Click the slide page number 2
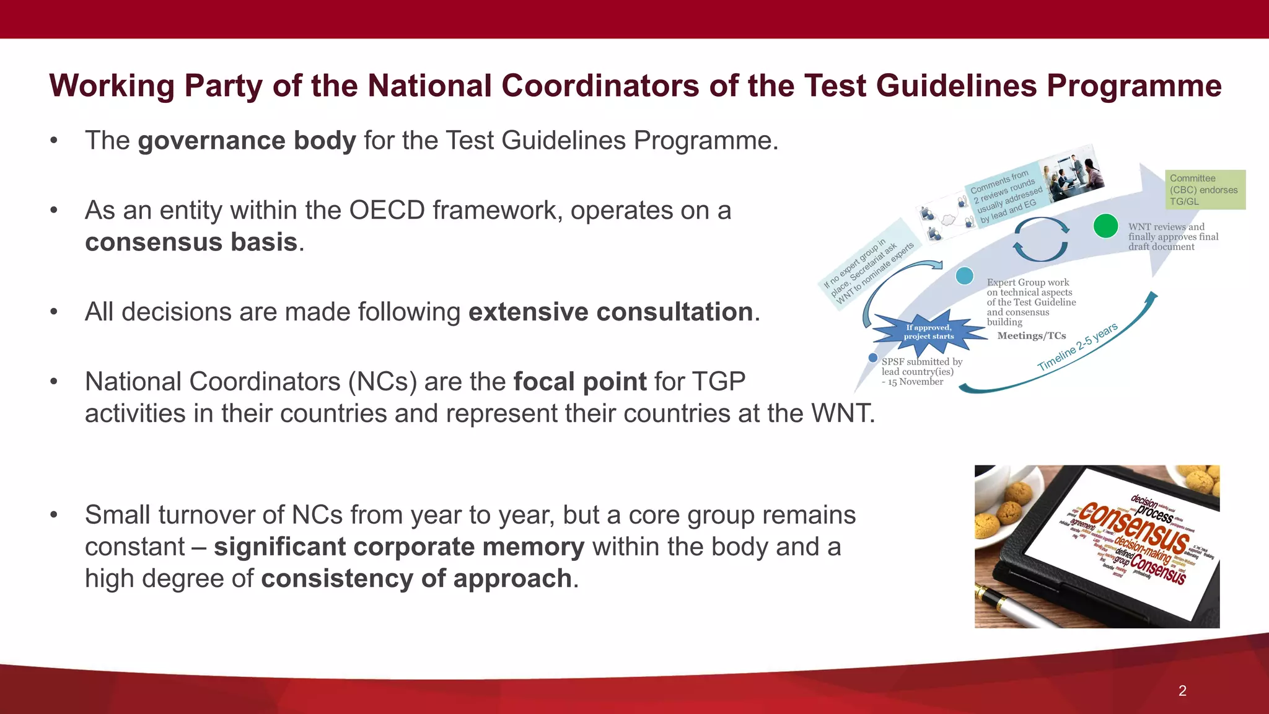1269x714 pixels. point(1182,691)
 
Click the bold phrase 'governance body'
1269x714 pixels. point(247,141)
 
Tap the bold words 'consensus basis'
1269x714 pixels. point(191,242)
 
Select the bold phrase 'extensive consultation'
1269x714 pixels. point(610,312)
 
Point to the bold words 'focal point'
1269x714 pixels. point(580,382)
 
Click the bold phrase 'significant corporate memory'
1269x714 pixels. point(399,547)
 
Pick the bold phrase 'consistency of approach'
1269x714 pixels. point(416,579)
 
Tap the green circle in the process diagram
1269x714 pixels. point(1105,226)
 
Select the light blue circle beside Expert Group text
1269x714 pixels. point(965,276)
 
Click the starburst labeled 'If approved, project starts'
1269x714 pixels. point(928,332)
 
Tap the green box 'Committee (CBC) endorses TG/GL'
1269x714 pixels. point(1204,190)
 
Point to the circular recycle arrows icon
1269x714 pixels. point(1040,239)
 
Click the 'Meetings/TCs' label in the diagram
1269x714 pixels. point(1031,336)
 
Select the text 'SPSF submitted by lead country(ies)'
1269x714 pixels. point(921,367)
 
